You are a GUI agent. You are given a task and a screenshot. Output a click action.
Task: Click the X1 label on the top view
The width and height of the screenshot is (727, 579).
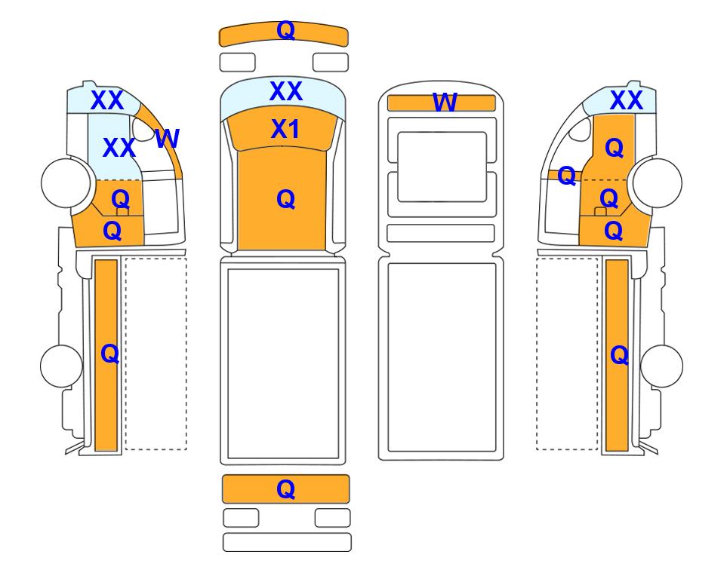(x=285, y=129)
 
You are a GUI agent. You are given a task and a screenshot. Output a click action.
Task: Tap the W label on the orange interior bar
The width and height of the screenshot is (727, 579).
(x=445, y=103)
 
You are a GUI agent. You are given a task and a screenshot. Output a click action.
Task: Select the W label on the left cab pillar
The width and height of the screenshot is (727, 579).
(x=167, y=138)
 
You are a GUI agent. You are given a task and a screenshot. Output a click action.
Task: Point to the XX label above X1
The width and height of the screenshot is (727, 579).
(x=285, y=90)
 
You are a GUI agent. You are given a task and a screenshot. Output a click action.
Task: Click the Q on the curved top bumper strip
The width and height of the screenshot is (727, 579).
(x=285, y=31)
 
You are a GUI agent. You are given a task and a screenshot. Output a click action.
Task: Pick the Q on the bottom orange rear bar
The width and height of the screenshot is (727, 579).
(x=285, y=489)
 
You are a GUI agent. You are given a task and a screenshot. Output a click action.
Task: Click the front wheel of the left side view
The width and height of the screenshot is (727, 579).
(x=66, y=182)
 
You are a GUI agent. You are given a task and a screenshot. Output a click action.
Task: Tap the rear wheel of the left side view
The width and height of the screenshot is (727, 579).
(x=62, y=366)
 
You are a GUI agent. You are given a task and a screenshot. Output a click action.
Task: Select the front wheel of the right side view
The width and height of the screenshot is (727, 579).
(x=658, y=182)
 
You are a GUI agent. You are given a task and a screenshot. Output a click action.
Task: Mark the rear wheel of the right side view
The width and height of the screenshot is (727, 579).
(x=661, y=366)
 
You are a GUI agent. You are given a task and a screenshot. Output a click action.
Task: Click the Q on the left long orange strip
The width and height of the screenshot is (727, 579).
(x=110, y=354)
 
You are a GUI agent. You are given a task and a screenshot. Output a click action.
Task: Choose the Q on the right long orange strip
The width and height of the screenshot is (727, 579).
(x=620, y=355)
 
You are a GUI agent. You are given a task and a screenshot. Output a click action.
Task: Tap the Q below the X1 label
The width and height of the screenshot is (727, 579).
(x=285, y=199)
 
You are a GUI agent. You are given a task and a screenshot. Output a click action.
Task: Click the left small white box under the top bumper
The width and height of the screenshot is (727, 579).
(x=237, y=63)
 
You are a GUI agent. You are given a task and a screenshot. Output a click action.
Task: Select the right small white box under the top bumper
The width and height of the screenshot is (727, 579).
(x=331, y=63)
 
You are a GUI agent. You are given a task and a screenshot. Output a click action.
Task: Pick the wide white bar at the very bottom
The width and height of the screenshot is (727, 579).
(x=287, y=542)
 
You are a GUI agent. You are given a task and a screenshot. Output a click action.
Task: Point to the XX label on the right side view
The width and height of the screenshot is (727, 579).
(x=627, y=100)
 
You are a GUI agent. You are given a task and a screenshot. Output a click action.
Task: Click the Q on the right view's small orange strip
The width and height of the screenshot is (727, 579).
(x=567, y=176)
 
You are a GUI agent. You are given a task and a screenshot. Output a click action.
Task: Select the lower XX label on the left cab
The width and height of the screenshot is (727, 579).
(x=119, y=148)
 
